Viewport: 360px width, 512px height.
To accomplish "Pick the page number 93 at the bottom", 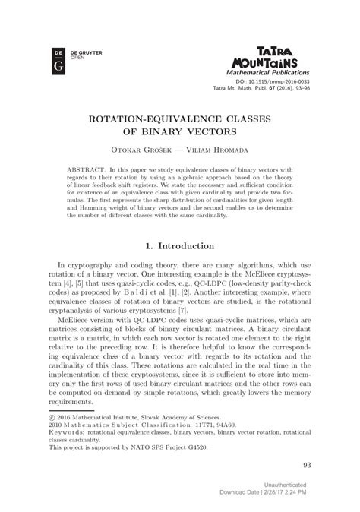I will [x=306, y=466].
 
